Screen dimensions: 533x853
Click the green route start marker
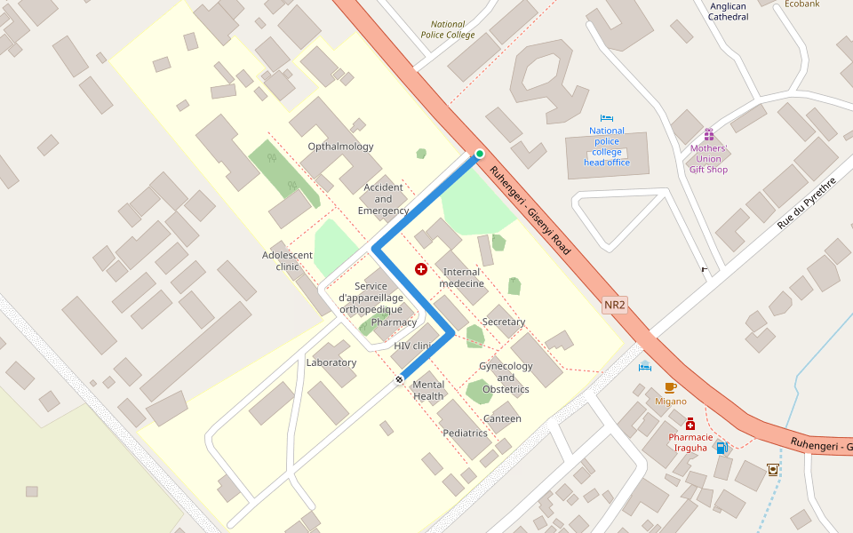(480, 154)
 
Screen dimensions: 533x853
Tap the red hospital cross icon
(421, 268)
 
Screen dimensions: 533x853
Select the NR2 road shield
(615, 306)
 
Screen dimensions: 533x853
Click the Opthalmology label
(340, 147)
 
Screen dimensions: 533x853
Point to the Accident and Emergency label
(383, 199)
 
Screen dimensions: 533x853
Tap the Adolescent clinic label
(287, 260)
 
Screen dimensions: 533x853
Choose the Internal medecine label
(461, 278)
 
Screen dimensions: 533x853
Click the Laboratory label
(331, 362)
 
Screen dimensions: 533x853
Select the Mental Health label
(428, 391)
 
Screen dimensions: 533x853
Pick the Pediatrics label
(466, 434)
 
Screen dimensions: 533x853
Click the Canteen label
(502, 418)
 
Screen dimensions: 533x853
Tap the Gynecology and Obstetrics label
(506, 378)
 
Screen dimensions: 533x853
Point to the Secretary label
(504, 322)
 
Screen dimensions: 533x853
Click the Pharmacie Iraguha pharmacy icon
(690, 425)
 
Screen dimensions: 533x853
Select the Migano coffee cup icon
(670, 387)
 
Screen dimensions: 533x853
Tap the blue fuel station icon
(722, 448)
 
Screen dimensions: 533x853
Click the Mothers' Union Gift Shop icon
(708, 135)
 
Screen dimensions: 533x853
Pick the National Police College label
(448, 30)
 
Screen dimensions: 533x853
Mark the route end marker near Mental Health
(400, 379)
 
